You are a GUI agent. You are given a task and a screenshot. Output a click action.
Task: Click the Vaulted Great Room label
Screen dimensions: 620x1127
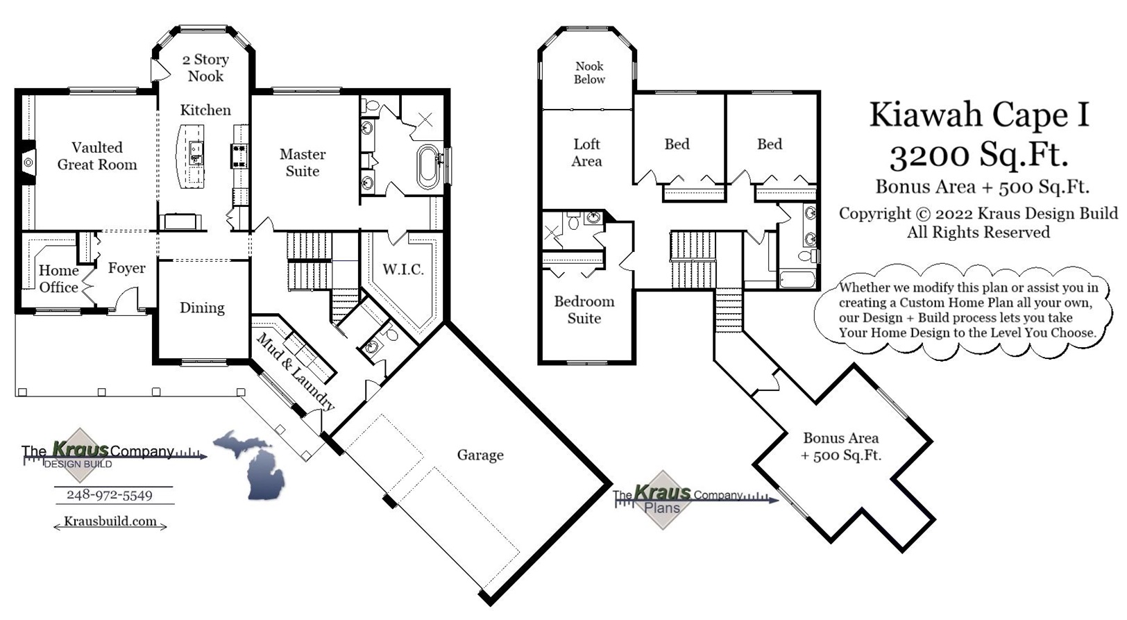tap(97, 156)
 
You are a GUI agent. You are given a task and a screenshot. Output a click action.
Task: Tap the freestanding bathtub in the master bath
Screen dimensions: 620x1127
tap(428, 167)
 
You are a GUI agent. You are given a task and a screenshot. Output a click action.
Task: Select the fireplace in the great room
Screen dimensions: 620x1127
tap(27, 162)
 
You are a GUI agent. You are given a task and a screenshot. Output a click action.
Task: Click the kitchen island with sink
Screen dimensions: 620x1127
tap(193, 156)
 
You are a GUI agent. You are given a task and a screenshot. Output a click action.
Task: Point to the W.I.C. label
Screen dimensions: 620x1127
tap(403, 269)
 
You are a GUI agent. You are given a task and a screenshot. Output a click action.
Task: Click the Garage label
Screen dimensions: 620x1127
tap(480, 455)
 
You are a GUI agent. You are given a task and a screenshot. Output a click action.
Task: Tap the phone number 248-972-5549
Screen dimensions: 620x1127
tap(110, 495)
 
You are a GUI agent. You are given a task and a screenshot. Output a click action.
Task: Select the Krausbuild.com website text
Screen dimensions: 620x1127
tap(110, 521)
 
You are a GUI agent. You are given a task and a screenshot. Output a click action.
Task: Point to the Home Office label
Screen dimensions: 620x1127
tap(58, 279)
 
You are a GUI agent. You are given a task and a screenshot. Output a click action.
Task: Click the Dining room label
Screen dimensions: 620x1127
tap(202, 308)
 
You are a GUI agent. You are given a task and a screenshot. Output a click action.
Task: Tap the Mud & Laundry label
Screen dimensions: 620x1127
tap(296, 372)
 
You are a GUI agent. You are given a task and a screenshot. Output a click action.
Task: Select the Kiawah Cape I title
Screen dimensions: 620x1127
tap(979, 115)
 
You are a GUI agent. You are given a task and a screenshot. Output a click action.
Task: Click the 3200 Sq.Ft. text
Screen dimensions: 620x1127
tap(978, 155)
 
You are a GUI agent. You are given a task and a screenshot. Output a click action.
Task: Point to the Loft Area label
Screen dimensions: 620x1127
tap(586, 153)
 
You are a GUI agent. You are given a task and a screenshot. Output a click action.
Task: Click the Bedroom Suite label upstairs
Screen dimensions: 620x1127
tap(584, 310)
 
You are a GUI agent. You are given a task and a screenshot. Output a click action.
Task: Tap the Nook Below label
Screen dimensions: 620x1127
tap(589, 73)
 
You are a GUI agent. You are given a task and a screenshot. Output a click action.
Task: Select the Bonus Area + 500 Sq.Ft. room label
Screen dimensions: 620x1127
tap(840, 446)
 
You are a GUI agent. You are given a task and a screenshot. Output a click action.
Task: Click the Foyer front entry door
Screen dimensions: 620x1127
tap(127, 300)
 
